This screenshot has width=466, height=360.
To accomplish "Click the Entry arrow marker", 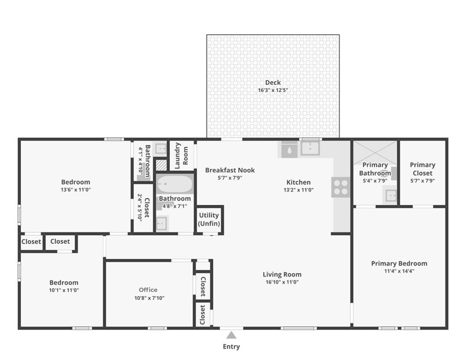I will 231,335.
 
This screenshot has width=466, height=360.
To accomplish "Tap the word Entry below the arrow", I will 231,347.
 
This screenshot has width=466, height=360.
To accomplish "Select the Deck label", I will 273,82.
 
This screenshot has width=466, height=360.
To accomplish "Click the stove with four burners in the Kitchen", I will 340,187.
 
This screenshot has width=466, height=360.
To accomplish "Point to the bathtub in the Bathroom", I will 174,184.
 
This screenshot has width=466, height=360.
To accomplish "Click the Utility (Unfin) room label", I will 209,219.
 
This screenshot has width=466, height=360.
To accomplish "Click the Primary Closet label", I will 422,169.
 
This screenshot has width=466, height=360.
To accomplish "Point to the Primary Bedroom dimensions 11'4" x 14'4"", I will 399,271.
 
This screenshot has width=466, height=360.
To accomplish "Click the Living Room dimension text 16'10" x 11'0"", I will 281,282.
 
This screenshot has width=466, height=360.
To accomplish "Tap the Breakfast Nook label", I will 230,170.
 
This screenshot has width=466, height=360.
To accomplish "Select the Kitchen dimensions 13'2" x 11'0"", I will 298,190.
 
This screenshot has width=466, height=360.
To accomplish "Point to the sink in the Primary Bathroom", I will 390,195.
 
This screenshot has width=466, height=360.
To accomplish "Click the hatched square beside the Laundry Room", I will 161,165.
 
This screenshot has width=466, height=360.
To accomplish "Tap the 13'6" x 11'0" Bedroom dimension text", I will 75,190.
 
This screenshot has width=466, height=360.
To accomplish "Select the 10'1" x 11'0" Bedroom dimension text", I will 64,290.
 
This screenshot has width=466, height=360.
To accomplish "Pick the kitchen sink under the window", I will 310,149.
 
